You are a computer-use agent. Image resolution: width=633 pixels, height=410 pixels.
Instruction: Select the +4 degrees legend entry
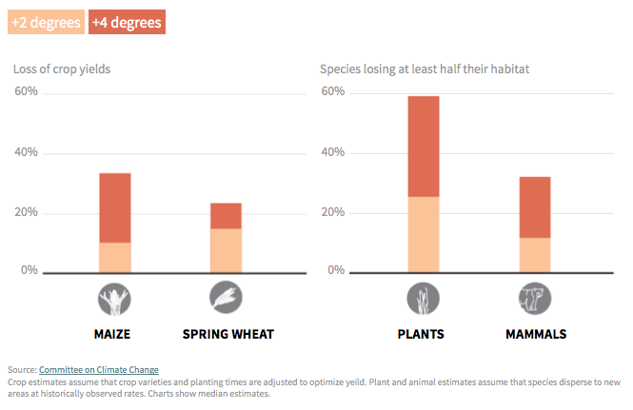pos(127,22)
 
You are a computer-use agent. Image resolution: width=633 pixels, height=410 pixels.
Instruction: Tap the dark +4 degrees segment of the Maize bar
pos(115,207)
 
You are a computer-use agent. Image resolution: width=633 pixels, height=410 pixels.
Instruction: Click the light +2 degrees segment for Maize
pos(115,257)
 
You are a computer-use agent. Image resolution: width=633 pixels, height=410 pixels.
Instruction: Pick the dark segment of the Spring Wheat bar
pos(226,216)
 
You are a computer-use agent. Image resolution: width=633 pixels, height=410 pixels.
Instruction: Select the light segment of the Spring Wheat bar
pos(226,250)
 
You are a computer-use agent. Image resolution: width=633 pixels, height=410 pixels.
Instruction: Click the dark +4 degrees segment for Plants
pos(424,146)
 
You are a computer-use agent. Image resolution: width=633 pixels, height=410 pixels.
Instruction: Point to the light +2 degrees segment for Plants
pos(424,234)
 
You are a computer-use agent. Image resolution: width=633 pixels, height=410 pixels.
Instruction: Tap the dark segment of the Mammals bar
pos(535,207)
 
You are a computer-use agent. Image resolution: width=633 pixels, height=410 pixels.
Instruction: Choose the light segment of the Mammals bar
pos(535,255)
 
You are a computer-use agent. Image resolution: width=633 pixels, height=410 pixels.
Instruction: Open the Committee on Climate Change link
pos(99,369)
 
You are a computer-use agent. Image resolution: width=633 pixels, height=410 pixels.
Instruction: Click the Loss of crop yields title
pos(69,68)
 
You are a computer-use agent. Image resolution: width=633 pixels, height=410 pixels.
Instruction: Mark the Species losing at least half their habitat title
pos(425,68)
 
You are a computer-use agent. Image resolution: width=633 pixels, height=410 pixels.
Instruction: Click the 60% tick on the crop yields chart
pos(26,92)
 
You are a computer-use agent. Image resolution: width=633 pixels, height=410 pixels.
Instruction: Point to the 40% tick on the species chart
pos(333,152)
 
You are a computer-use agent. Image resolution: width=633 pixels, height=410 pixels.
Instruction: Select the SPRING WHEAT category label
pos(227,334)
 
